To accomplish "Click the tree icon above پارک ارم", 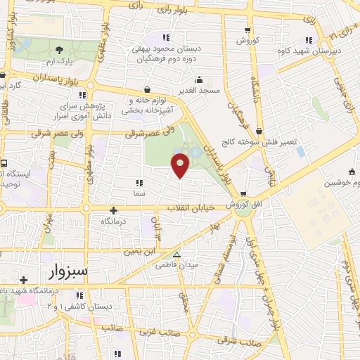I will tap(59, 50).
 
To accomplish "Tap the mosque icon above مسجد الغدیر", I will tap(200, 79).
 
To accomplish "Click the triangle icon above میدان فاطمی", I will tap(176, 255).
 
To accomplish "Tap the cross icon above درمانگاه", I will tap(113, 210).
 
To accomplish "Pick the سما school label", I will tap(139, 192).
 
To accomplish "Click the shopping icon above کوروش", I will tap(247, 30).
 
